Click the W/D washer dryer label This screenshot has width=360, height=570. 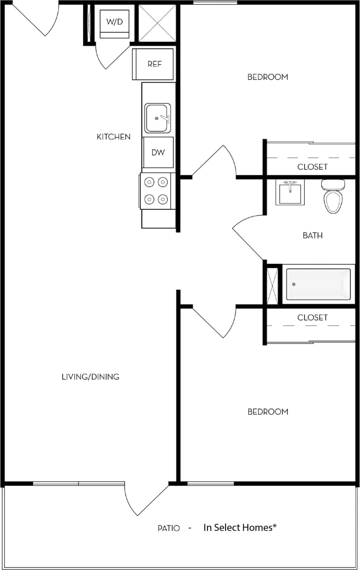tap(114, 22)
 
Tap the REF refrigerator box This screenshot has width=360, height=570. tap(154, 64)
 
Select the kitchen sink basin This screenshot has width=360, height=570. tap(157, 118)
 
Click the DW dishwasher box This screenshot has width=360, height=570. tap(158, 153)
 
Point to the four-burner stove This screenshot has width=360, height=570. tap(156, 191)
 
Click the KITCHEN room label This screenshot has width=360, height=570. tap(113, 137)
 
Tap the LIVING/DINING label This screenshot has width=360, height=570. tap(90, 377)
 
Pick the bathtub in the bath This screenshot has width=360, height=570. tap(318, 284)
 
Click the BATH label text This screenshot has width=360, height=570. tap(313, 235)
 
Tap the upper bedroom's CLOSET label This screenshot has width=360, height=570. tap(312, 167)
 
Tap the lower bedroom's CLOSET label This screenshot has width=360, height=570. tap(312, 317)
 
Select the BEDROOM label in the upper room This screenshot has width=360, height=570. tap(267, 77)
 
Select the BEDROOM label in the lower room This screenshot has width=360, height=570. tap(267, 412)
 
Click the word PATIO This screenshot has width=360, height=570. tap(169, 528)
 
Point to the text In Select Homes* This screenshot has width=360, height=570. tap(240, 528)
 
